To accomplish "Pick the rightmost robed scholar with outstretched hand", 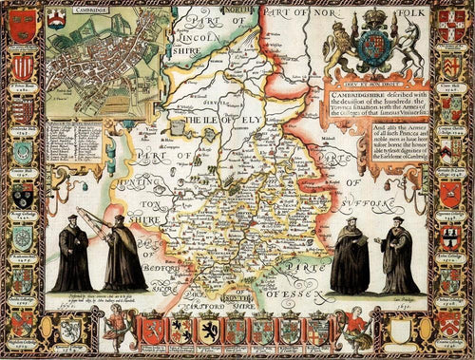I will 397,256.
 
